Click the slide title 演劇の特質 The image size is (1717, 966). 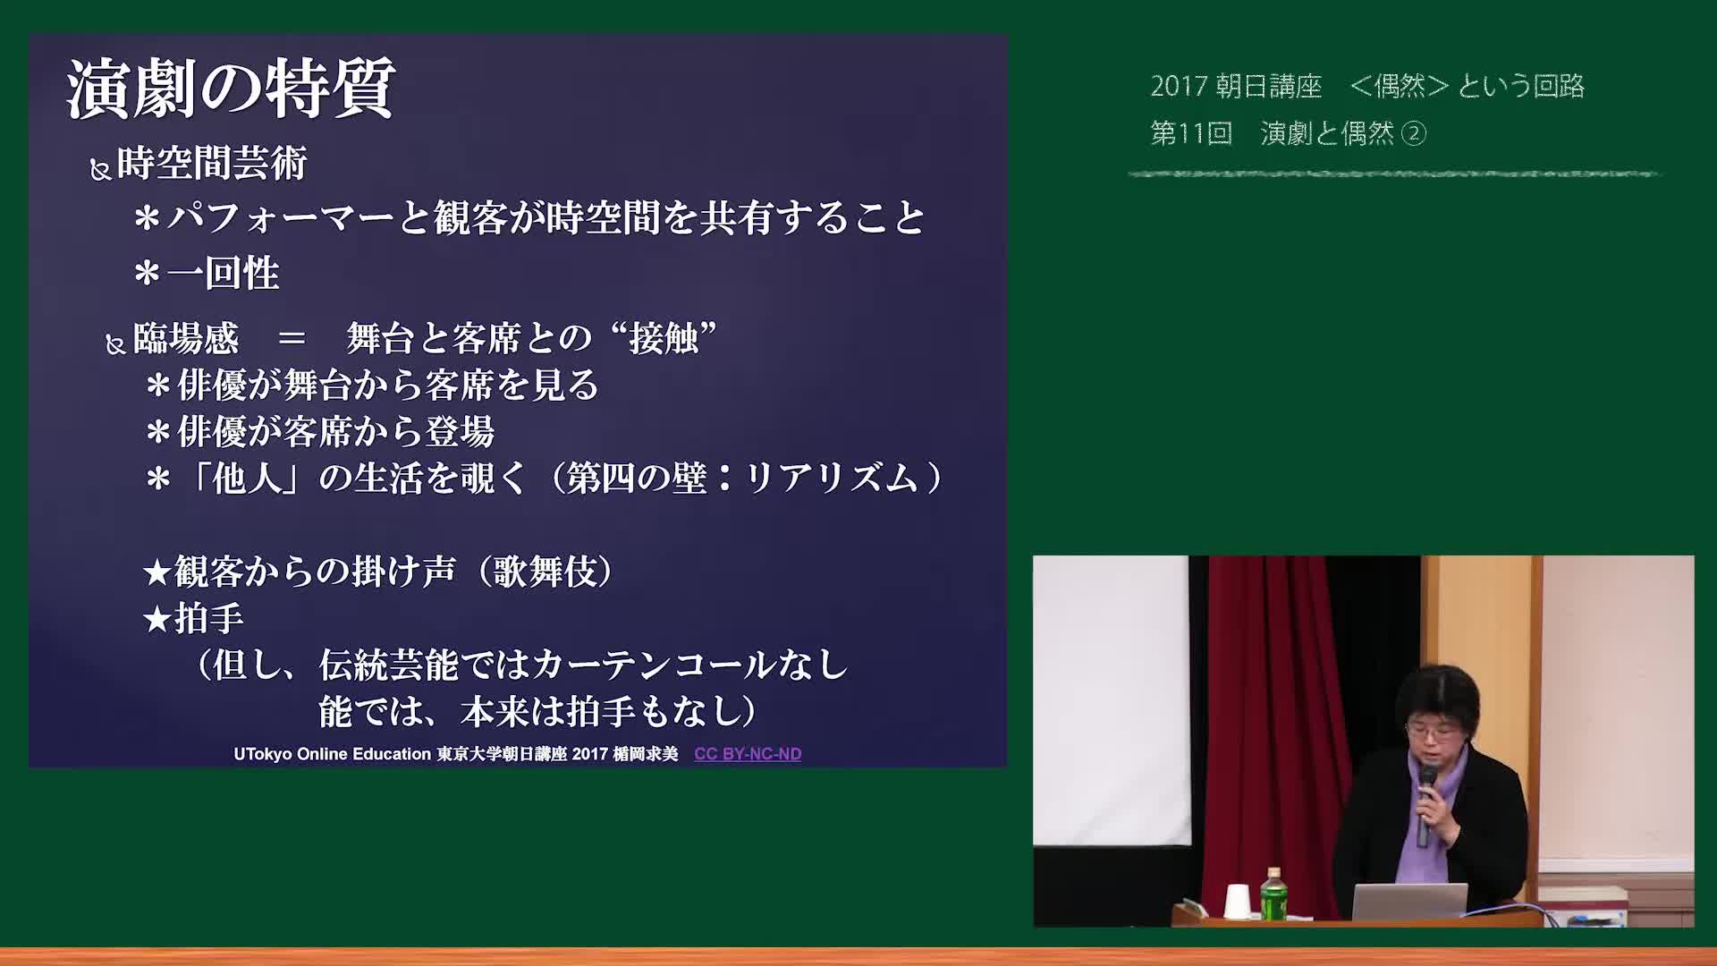[231, 89]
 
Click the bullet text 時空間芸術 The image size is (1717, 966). [212, 164]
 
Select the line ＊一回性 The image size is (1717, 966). [207, 274]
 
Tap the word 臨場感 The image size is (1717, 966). [186, 338]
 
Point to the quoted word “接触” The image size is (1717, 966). [663, 338]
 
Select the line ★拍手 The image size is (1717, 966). [193, 618]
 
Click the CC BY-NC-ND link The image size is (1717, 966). [748, 754]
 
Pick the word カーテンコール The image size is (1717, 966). [655, 665]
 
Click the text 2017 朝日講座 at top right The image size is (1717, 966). [1236, 86]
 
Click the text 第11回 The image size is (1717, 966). [1191, 133]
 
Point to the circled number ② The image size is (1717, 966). [1414, 133]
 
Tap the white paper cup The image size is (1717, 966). [1237, 901]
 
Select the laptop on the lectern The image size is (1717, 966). [1409, 902]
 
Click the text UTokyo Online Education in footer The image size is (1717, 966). [333, 754]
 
